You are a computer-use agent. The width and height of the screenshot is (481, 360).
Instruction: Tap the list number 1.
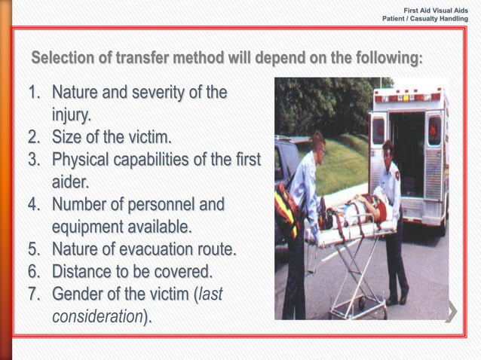(x=34, y=94)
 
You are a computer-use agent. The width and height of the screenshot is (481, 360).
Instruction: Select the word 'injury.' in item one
(x=72, y=116)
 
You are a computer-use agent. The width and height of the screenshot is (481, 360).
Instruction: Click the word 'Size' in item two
(x=68, y=138)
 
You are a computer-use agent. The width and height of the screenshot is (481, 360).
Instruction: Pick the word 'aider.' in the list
(x=70, y=182)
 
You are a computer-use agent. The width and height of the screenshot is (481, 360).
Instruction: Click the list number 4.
(x=34, y=204)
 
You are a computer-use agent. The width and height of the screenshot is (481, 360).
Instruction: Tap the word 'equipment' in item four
(x=87, y=226)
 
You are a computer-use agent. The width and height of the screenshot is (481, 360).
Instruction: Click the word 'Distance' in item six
(x=84, y=270)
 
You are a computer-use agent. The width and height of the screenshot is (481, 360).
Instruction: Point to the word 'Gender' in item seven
(x=79, y=293)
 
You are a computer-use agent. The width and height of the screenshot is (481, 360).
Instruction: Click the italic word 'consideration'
(x=97, y=315)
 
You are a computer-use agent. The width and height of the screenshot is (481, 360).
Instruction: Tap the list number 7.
(x=34, y=293)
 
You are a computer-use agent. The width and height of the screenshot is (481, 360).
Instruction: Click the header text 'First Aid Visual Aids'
(x=436, y=10)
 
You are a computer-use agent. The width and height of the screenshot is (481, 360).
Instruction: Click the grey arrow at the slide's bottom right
(x=452, y=311)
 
